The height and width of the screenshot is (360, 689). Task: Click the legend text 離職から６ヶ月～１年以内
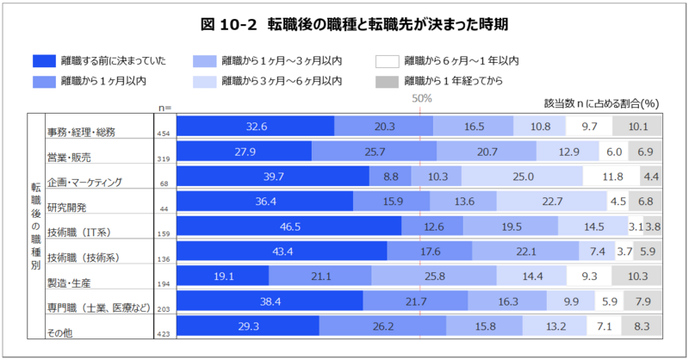click(x=461, y=61)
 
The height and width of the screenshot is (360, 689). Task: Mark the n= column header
click(x=164, y=107)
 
